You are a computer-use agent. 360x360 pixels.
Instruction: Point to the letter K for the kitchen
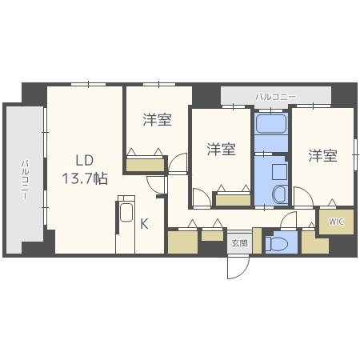[144, 225]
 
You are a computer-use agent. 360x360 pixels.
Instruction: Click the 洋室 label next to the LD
[158, 121]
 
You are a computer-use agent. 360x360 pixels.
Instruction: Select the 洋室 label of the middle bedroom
[221, 150]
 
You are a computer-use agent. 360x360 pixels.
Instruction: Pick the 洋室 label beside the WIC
[323, 155]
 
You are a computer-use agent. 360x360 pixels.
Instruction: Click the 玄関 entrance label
[239, 242]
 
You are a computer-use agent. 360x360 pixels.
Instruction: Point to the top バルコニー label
[275, 97]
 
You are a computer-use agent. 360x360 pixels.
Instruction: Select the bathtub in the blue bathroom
[271, 127]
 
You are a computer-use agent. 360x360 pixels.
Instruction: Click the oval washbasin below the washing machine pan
[279, 194]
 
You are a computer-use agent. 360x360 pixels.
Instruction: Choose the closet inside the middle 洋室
[233, 200]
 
